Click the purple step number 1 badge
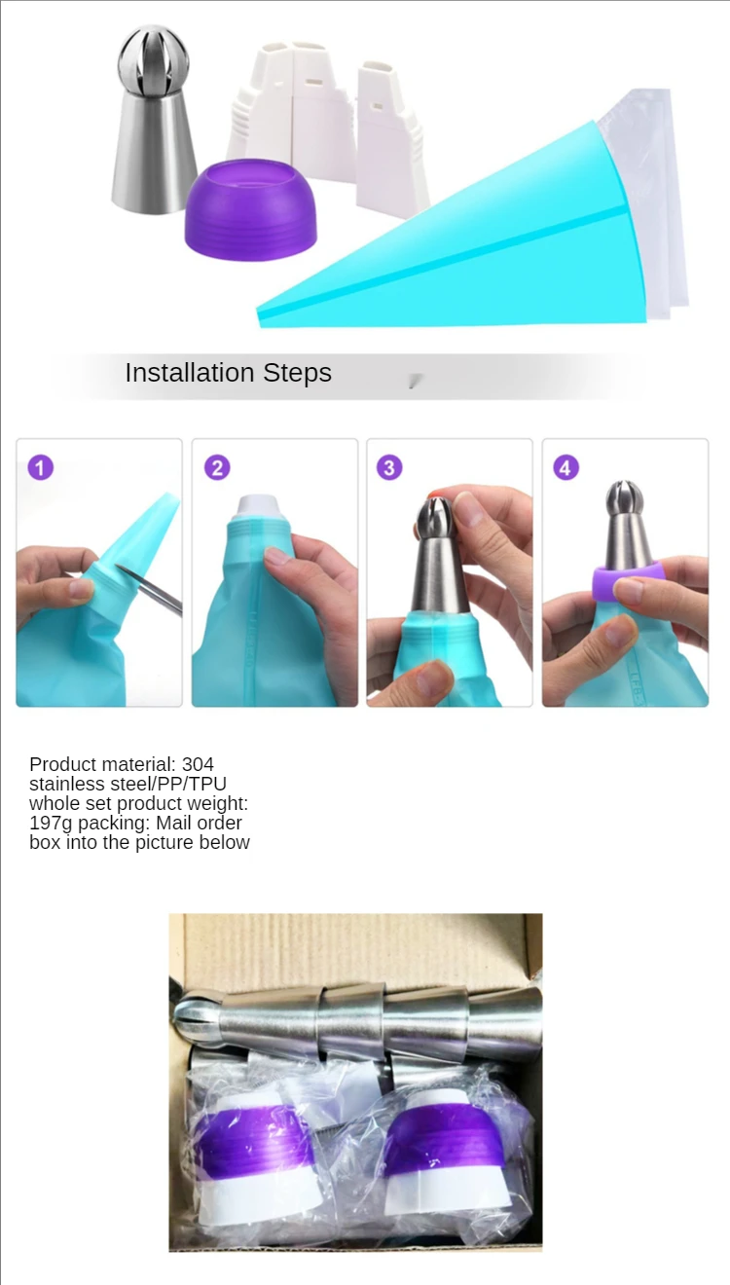40,467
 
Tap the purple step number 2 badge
217,467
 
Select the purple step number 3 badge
389,467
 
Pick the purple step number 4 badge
566,467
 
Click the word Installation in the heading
189,373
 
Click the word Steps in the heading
297,374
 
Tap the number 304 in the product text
198,764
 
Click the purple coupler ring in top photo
250,210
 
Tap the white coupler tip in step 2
258,506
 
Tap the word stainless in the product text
65,784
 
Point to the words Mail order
199,824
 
